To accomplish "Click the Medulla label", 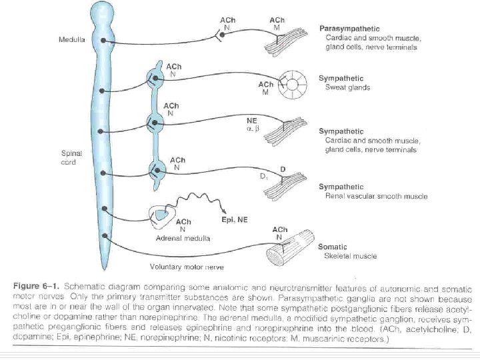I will pos(71,40).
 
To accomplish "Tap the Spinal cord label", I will pos(71,157).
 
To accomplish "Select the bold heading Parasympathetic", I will pos(349,29).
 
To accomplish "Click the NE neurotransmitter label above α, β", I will pos(252,119).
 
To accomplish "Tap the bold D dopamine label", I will pos(283,169).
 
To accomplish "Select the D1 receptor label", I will pos(263,177).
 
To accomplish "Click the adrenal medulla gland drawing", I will pos(163,214).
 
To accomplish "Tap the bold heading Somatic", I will pos(332,247).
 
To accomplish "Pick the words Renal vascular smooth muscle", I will pos(373,197).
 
